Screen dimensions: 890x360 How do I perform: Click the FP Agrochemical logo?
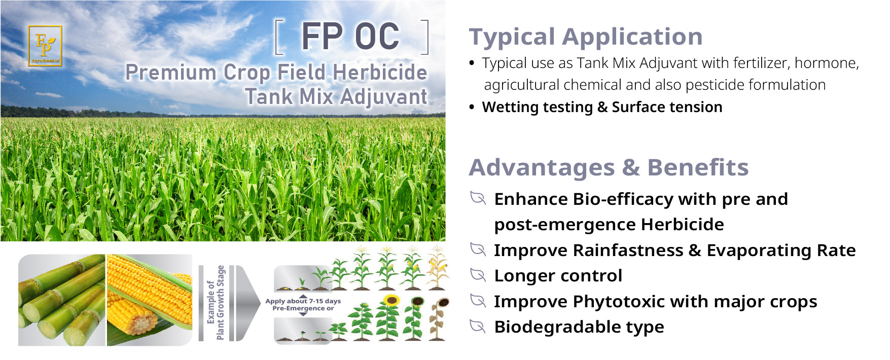point(45,46)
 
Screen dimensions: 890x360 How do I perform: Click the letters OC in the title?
point(377,37)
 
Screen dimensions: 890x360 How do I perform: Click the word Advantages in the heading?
point(542,168)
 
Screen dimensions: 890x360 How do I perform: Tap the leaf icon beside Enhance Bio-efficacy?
point(478,198)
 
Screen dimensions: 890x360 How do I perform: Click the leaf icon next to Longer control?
point(478,274)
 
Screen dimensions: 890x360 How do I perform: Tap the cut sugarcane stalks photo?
point(62,300)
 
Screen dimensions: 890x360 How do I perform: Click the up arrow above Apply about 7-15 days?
point(303,296)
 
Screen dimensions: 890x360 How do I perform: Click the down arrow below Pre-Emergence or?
point(303,314)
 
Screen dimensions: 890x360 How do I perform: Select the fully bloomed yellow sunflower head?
point(391,300)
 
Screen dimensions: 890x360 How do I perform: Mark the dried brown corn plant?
point(438,268)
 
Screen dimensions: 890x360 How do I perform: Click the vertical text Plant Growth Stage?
point(220,302)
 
